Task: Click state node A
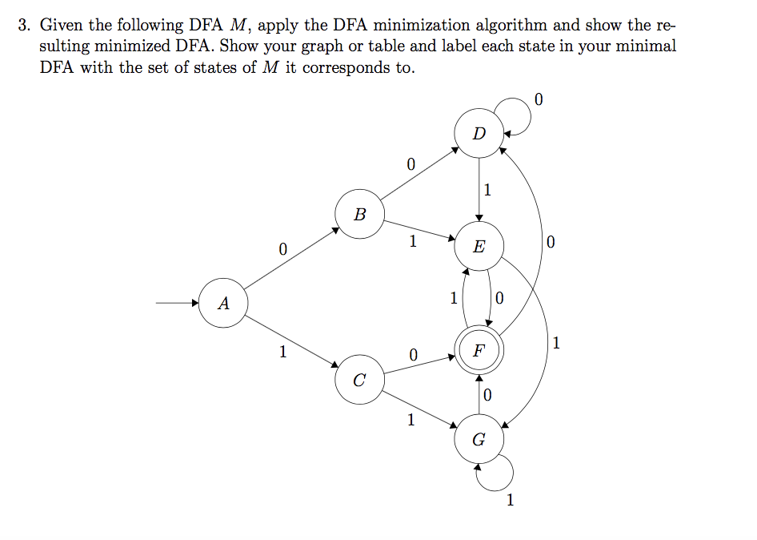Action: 223,304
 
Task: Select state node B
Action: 360,214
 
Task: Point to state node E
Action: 479,246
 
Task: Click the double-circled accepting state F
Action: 479,350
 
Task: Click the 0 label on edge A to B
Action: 282,249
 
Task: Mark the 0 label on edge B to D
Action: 411,165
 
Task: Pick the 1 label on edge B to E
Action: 412,241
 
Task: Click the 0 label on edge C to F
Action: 412,353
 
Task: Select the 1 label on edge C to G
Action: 411,418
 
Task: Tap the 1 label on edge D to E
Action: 487,190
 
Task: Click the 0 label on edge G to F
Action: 487,394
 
